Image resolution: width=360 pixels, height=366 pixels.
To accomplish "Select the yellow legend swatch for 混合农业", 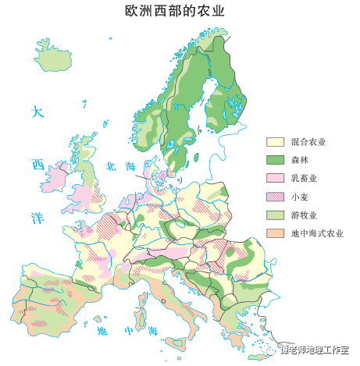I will coord(275,142).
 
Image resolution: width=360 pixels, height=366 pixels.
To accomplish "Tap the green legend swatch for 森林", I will coord(275,160).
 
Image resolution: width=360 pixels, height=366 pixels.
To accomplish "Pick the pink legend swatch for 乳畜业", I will coord(275,178).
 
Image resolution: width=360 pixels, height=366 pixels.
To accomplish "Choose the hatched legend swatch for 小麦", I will coord(275,197).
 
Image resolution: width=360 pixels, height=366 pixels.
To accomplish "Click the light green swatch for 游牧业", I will coord(275,215).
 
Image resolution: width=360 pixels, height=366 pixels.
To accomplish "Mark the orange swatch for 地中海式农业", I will coord(275,233).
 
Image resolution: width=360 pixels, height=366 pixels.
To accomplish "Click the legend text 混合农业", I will coord(308,142).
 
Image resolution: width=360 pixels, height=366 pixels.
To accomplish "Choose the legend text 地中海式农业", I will coord(316,233).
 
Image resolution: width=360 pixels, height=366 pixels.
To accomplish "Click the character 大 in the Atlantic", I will coord(34,112).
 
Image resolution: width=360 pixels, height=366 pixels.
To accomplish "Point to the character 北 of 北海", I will coord(111,165).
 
